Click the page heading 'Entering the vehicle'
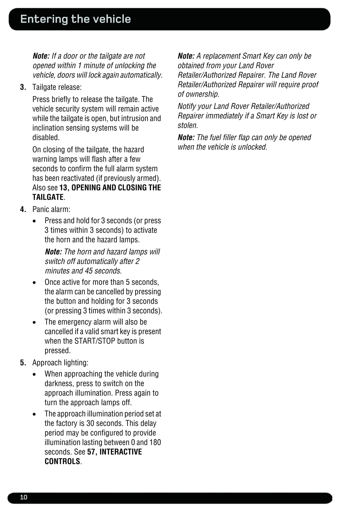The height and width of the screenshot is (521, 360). pos(75,19)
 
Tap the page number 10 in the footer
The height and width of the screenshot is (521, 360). pos(24,497)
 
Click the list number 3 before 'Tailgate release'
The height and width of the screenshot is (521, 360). pos(23,87)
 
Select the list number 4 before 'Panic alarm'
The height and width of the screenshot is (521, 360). pos(23,209)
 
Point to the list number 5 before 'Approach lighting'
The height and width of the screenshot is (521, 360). pos(23,363)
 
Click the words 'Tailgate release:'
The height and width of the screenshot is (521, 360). pos(57,87)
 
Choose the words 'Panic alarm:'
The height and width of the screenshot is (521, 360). pos(51,209)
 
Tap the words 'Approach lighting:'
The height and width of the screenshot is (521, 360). pos(60,363)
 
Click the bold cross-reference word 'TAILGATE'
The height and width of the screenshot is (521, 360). pos(48,198)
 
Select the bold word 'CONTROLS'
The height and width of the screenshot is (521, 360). pos(62,461)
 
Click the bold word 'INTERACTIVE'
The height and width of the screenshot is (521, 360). pos(121,452)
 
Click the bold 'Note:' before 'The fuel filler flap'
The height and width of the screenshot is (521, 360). pos(186,138)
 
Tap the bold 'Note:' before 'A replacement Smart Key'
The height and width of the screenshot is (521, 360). pos(186,56)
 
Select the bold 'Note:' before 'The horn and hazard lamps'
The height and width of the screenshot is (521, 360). pos(53,252)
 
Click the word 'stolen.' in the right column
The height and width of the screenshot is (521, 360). pos(188,125)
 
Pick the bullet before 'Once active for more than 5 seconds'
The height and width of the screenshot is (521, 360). pos(34,283)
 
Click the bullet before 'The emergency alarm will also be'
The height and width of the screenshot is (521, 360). pos(34,322)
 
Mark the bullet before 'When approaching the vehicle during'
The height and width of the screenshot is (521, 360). pos(34,374)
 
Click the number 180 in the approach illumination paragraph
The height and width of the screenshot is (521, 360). pos(155,443)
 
